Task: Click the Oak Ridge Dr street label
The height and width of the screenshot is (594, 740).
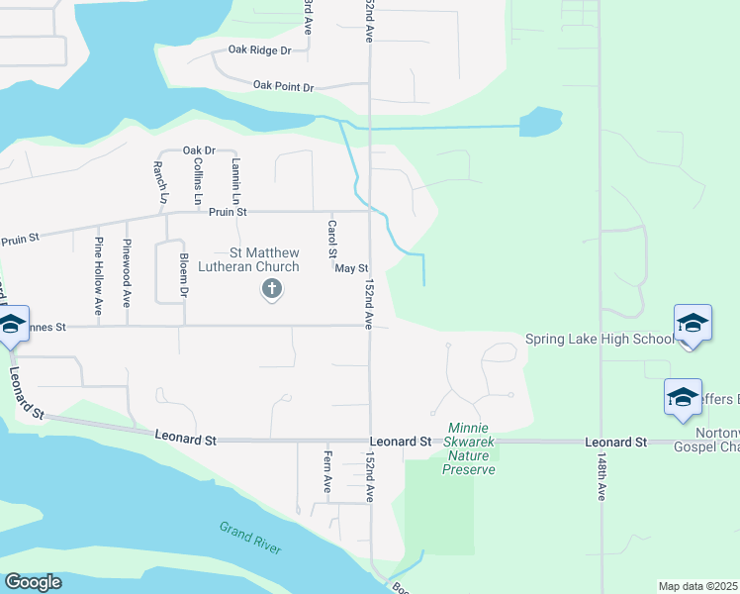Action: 259,49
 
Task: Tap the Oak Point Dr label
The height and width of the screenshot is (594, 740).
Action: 283,86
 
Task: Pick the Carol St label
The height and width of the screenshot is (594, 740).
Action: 332,237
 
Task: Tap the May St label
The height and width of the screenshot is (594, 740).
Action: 351,268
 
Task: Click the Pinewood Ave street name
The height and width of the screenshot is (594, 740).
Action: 127,270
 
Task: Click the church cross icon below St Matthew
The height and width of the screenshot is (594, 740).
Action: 271,290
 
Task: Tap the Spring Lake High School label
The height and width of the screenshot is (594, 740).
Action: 598,340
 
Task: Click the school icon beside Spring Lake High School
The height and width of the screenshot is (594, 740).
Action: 693,323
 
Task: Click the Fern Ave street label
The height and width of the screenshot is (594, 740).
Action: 326,472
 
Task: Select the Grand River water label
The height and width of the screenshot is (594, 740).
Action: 251,538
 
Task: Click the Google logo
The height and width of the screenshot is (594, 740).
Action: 33,582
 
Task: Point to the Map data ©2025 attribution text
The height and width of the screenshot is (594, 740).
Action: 698,586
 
